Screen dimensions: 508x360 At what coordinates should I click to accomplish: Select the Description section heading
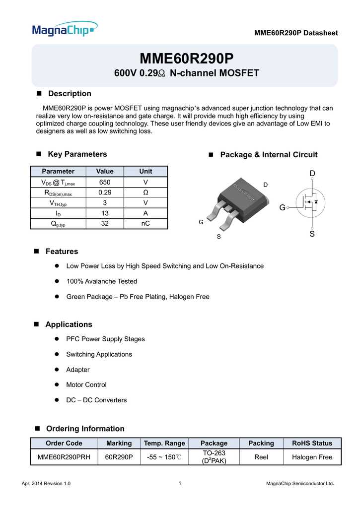(69, 93)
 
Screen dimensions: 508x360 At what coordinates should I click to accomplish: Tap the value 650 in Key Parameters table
(105, 182)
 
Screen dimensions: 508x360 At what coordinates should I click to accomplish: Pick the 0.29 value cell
(105, 192)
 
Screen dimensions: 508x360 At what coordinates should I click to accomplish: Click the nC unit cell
(145, 224)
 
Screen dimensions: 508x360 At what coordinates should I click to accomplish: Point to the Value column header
(105, 171)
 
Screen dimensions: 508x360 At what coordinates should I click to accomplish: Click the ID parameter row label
(58, 213)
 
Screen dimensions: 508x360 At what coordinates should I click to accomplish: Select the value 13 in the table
(105, 213)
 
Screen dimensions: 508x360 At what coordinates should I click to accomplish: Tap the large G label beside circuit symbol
(282, 208)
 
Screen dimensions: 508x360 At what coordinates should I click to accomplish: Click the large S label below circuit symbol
(312, 234)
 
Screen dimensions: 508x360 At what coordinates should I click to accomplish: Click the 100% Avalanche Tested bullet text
(101, 281)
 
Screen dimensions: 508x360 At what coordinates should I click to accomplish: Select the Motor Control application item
(86, 384)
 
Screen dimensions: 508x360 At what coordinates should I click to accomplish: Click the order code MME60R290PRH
(64, 457)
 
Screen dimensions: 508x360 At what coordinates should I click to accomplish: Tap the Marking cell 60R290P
(119, 457)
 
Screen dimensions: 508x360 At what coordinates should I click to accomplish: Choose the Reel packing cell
(261, 457)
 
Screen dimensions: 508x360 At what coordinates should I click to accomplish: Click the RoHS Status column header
(312, 443)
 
